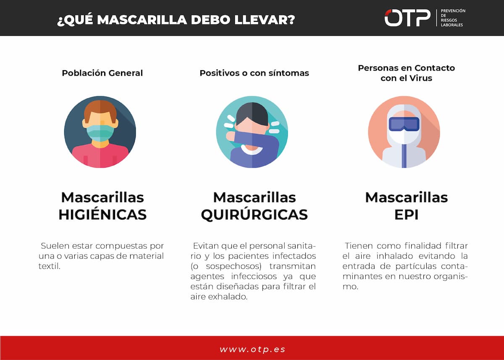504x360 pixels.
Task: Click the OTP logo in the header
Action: (x=407, y=18)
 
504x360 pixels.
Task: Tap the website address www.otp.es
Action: (x=252, y=349)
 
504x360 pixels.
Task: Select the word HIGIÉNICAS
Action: (x=102, y=214)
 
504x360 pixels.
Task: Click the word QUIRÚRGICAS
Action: (x=254, y=214)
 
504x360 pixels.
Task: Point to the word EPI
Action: (x=407, y=215)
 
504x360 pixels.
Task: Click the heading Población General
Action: (x=102, y=73)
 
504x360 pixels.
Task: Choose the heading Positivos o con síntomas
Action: (x=254, y=73)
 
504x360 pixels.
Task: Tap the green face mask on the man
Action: (x=100, y=133)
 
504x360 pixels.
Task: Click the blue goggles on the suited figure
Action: (x=404, y=124)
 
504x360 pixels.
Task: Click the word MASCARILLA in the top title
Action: (x=142, y=20)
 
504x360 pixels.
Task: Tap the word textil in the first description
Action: (x=49, y=266)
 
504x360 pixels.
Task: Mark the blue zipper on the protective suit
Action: (x=404, y=156)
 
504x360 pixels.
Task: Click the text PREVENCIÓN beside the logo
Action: (x=453, y=11)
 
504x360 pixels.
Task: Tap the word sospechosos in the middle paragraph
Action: (x=234, y=266)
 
